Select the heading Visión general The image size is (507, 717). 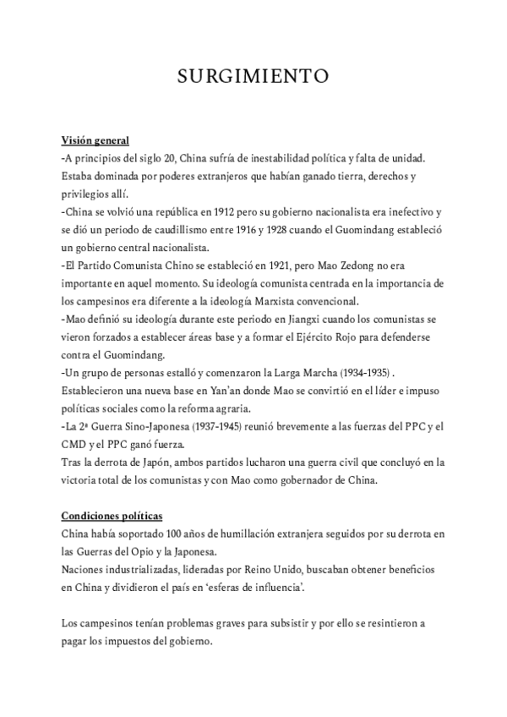(95, 140)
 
